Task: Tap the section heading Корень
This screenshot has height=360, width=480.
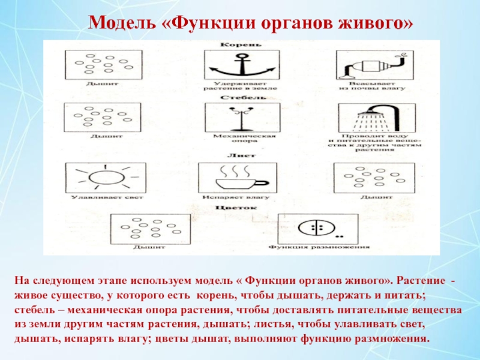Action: pos(240,45)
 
